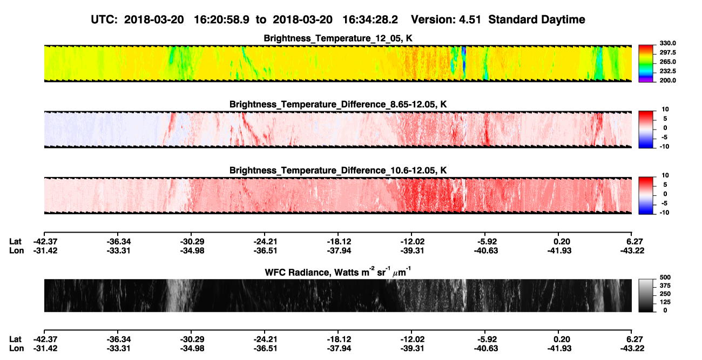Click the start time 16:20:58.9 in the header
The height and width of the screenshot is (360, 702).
[x=221, y=19]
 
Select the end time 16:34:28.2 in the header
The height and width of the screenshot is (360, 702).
[x=370, y=19]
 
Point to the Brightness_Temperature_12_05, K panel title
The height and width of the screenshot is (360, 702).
[x=338, y=38]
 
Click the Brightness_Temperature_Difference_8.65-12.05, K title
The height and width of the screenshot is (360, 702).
[x=338, y=104]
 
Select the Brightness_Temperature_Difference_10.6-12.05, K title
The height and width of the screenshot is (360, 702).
[x=338, y=171]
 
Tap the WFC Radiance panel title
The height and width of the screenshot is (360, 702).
[x=337, y=272]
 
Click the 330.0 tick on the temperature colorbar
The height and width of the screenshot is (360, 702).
[x=667, y=43]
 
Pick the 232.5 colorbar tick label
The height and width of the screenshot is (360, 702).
[x=667, y=71]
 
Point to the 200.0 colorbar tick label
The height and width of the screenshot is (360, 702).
[x=667, y=80]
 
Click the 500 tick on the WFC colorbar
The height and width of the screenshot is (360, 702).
[x=665, y=277]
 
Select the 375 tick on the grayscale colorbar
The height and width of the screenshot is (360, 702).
[x=665, y=286]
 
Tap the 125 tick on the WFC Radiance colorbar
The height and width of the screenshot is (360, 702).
[x=665, y=302]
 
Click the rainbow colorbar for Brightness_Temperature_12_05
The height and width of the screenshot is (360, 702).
[x=646, y=64]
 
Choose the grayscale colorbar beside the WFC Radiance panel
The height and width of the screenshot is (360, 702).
[x=646, y=295]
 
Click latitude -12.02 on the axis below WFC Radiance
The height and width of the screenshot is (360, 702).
[x=412, y=339]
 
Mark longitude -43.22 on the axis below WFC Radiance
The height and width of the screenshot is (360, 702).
[x=632, y=349]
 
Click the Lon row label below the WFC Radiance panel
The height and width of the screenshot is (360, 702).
[x=17, y=349]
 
